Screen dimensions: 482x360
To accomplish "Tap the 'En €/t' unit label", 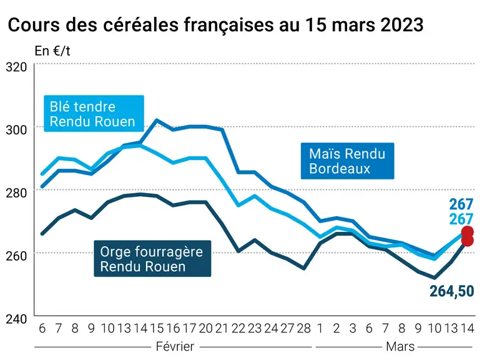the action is [x=52, y=51].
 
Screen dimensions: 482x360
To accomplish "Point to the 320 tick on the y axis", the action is [x=16, y=67].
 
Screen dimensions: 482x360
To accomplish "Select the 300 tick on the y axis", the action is [x=16, y=129].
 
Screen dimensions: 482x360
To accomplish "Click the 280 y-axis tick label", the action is [x=16, y=193].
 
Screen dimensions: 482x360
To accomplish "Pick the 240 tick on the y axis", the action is [x=16, y=319].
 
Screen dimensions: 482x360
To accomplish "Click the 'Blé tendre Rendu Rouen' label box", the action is [x=94, y=114].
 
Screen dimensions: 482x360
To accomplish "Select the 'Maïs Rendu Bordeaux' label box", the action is [x=347, y=161].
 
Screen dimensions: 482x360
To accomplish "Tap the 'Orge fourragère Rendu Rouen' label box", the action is [x=152, y=259].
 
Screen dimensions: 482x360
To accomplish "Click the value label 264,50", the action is [x=452, y=291].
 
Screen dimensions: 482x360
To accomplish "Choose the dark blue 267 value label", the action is [x=461, y=204].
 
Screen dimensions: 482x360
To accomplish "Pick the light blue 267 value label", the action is [x=461, y=219].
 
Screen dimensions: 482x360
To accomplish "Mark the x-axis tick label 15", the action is [x=157, y=328].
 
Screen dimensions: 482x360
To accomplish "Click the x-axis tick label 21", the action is [x=222, y=328].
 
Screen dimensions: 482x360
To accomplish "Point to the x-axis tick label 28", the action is [x=303, y=328].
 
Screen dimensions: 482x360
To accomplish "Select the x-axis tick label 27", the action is [x=287, y=328].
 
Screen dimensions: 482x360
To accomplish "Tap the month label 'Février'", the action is [x=175, y=346].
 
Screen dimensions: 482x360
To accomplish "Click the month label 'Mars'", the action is [x=400, y=346].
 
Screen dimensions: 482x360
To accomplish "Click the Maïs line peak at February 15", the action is [x=157, y=120].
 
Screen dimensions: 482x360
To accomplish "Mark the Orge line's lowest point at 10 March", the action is [x=435, y=278].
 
